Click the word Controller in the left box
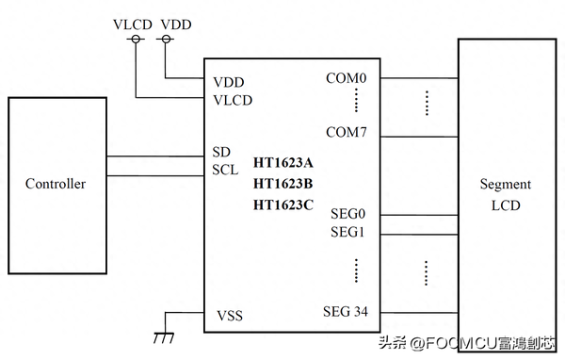coord(55,184)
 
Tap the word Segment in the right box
coord(505,185)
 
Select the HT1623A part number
coord(282,163)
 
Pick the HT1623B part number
coord(282,184)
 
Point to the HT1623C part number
coord(282,205)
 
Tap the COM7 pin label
coord(346,132)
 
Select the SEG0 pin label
coord(347,214)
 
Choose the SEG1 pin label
coord(347,233)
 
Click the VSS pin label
coord(229,316)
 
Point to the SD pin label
coord(221,153)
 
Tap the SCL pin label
coord(224,171)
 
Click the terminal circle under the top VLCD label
coord(135,39)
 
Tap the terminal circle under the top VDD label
coord(166,39)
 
